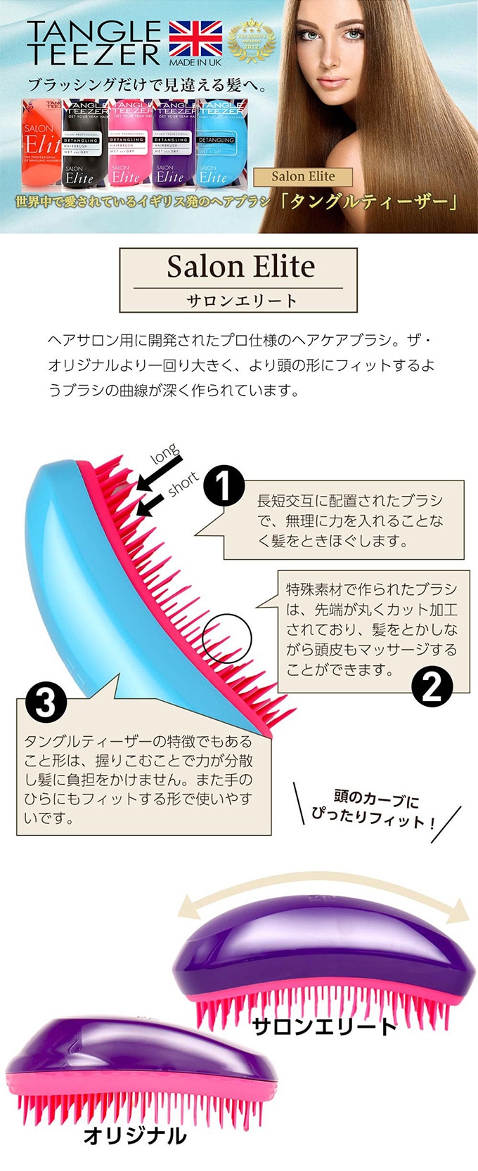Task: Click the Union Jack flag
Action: [195, 39]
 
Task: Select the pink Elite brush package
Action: [129, 145]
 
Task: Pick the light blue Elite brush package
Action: [220, 145]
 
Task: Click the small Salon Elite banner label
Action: [303, 176]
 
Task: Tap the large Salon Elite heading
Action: [240, 266]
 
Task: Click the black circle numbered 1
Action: [224, 485]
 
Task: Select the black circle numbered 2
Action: [431, 686]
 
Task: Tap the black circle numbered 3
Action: [46, 702]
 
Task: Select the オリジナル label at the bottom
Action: [135, 1136]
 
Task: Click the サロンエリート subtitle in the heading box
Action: [241, 300]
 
